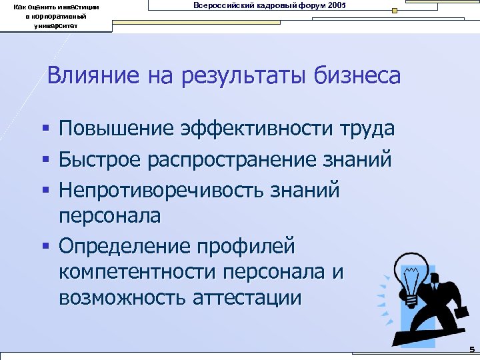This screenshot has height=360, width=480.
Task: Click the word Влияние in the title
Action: coord(85,75)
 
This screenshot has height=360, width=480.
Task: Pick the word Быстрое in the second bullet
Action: coord(99,160)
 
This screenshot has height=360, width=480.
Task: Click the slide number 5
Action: coord(471,349)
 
